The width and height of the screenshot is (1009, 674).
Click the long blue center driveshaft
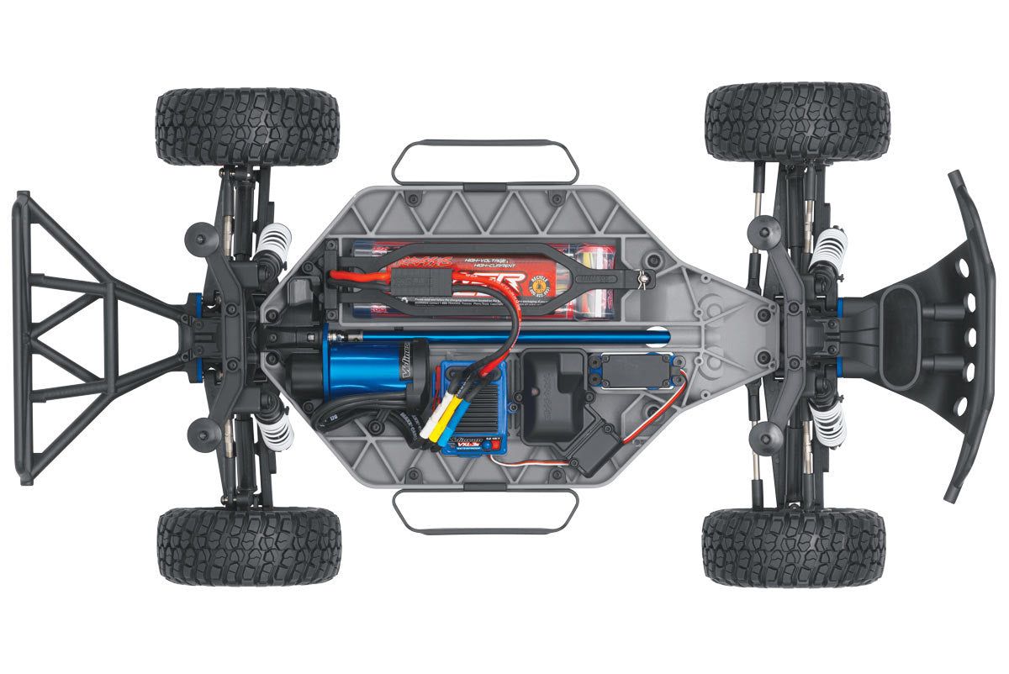504,336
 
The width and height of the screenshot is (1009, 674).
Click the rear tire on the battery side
247,127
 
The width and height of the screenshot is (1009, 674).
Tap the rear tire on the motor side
249,545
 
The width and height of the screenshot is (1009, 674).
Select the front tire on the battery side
796,121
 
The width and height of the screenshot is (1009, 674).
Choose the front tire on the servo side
793,546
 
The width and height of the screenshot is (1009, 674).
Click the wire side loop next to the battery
485,162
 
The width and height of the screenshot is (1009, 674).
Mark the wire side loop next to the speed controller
485,511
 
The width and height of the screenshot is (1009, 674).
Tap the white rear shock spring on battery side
272,242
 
